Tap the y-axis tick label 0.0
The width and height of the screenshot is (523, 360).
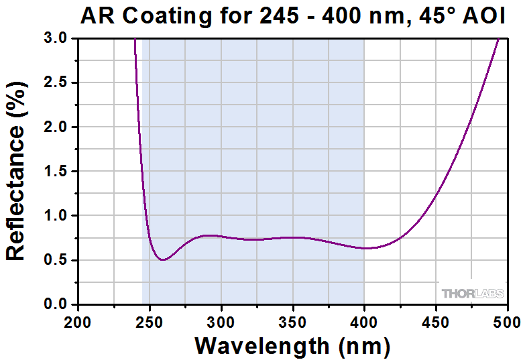point(56,304)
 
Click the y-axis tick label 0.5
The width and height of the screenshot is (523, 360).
point(56,260)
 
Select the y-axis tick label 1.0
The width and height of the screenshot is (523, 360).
point(56,216)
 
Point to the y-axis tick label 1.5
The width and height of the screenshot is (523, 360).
point(56,172)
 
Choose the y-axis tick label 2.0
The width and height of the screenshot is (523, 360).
point(56,127)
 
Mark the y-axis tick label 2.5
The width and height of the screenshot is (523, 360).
point(56,83)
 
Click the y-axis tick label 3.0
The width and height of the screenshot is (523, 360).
point(56,39)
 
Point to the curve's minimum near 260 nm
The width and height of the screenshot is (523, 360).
point(163,259)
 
